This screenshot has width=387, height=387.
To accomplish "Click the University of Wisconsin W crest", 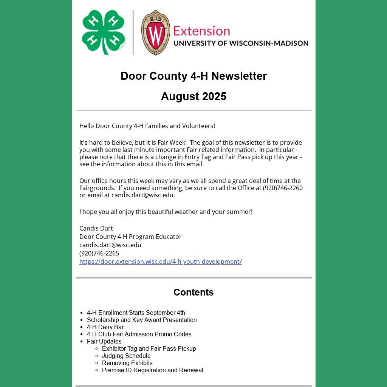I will pyautogui.click(x=155, y=33).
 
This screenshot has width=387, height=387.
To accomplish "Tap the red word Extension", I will pyautogui.click(x=201, y=31).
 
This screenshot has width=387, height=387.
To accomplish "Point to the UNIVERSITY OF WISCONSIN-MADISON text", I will pyautogui.click(x=241, y=43).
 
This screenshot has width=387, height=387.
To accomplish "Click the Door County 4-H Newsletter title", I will pyautogui.click(x=193, y=76).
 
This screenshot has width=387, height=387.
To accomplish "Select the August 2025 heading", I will pyautogui.click(x=193, y=96).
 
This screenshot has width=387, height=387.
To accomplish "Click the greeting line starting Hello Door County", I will pyautogui.click(x=147, y=126).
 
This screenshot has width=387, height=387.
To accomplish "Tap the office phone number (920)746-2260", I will pyautogui.click(x=283, y=188).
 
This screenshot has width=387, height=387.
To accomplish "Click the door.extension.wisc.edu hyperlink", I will pyautogui.click(x=160, y=262).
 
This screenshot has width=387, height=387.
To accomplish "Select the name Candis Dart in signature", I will pyautogui.click(x=96, y=228).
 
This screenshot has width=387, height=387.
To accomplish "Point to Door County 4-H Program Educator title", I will pyautogui.click(x=130, y=237).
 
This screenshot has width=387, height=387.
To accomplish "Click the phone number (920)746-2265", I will pyautogui.click(x=99, y=253).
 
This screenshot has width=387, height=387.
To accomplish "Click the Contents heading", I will pyautogui.click(x=193, y=292).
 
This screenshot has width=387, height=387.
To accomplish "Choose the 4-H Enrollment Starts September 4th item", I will pyautogui.click(x=136, y=313).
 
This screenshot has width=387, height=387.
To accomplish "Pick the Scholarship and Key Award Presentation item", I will pyautogui.click(x=142, y=320).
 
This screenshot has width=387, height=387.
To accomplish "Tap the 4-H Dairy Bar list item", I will pyautogui.click(x=105, y=327).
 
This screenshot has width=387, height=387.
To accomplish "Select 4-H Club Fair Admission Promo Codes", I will pyautogui.click(x=139, y=334).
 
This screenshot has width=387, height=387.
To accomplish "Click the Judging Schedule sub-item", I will pyautogui.click(x=126, y=356).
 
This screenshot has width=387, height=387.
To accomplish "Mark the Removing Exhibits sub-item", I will pyautogui.click(x=127, y=363).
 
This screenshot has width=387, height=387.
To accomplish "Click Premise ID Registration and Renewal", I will pyautogui.click(x=152, y=370).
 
